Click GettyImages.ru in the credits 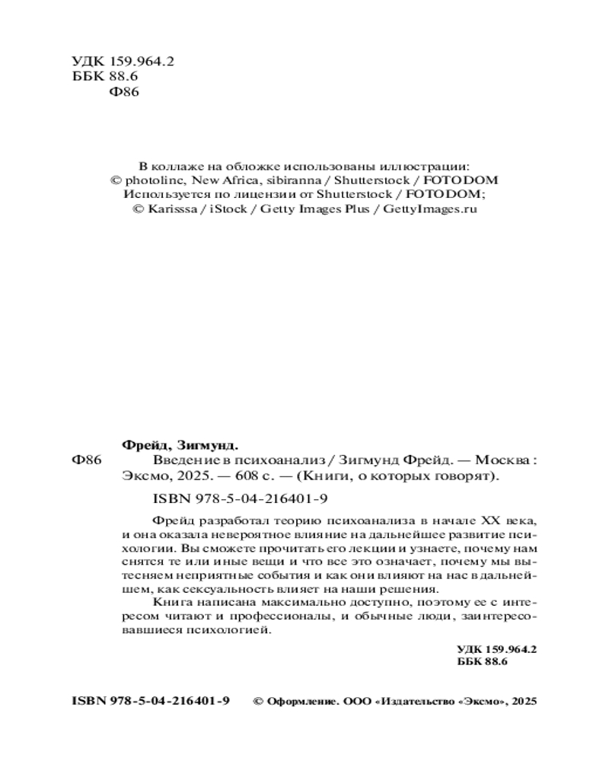coord(430,209)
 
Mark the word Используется coord(161,195)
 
